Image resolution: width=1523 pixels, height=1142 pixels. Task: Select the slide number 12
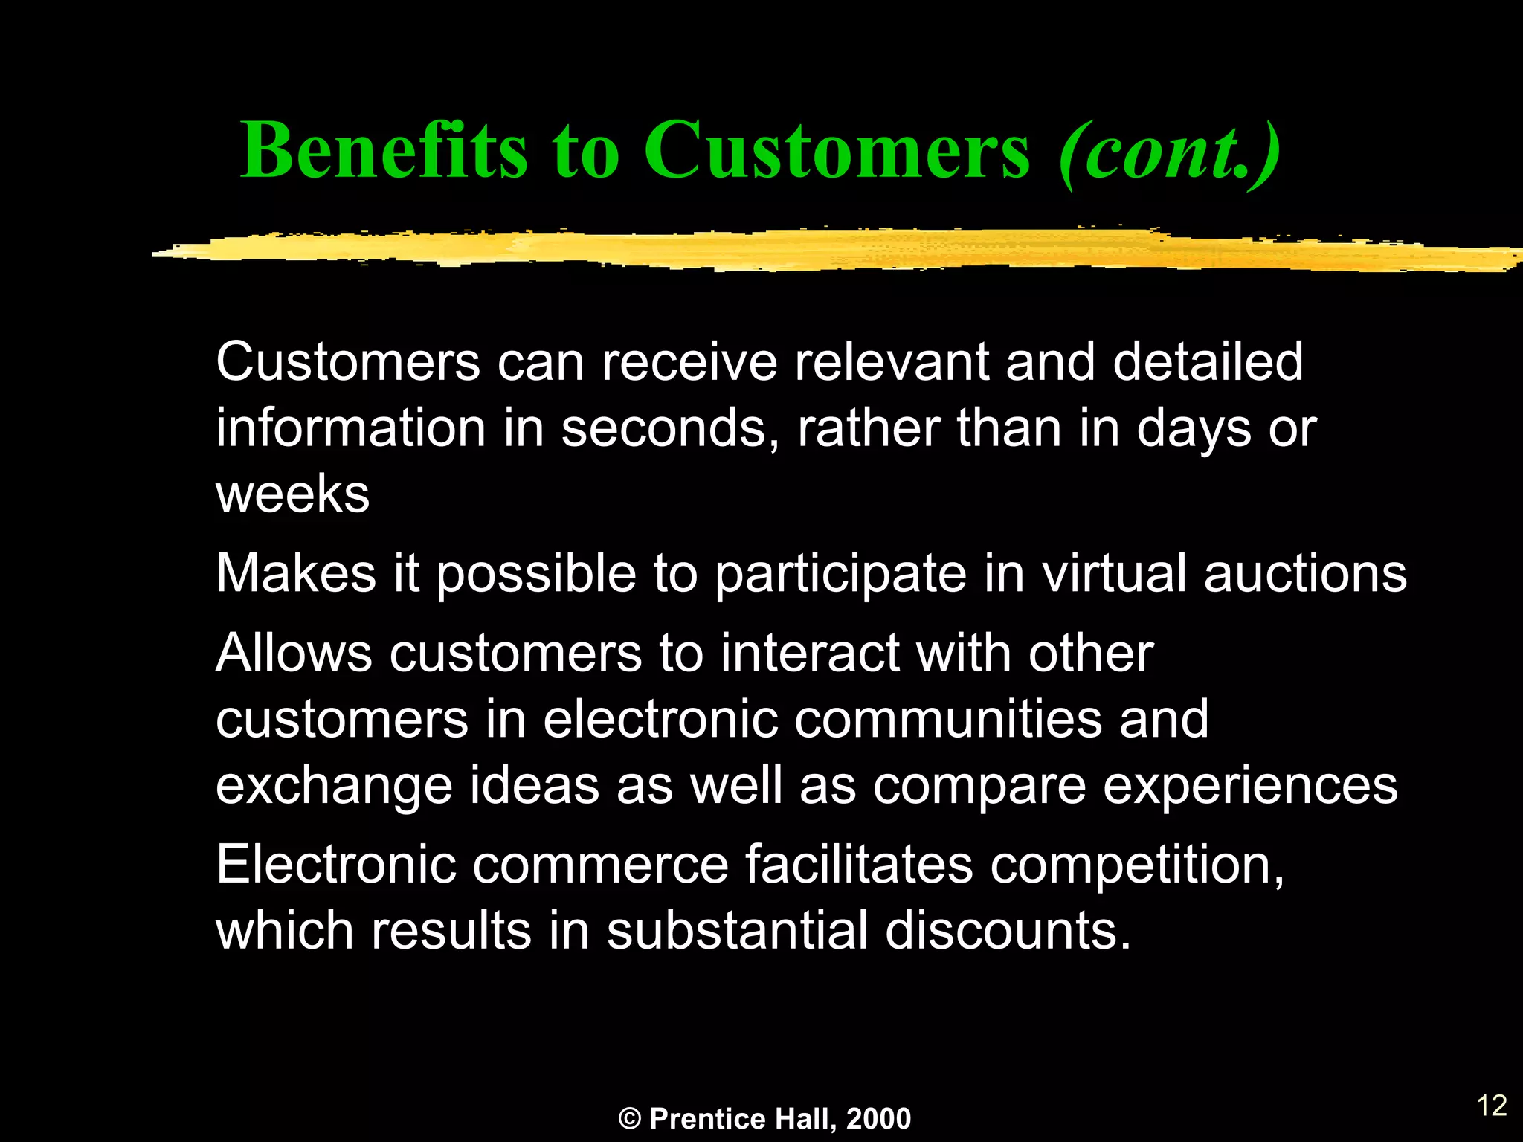click(1492, 1106)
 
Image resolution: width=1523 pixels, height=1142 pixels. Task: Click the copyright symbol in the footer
click(629, 1119)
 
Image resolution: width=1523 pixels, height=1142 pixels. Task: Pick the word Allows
click(294, 654)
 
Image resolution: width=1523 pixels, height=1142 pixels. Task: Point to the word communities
click(948, 720)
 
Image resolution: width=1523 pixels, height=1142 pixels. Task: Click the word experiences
click(1250, 787)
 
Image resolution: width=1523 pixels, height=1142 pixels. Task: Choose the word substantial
click(737, 931)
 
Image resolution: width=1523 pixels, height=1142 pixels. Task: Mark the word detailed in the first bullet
click(1208, 362)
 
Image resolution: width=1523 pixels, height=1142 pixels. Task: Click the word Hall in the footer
click(806, 1119)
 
